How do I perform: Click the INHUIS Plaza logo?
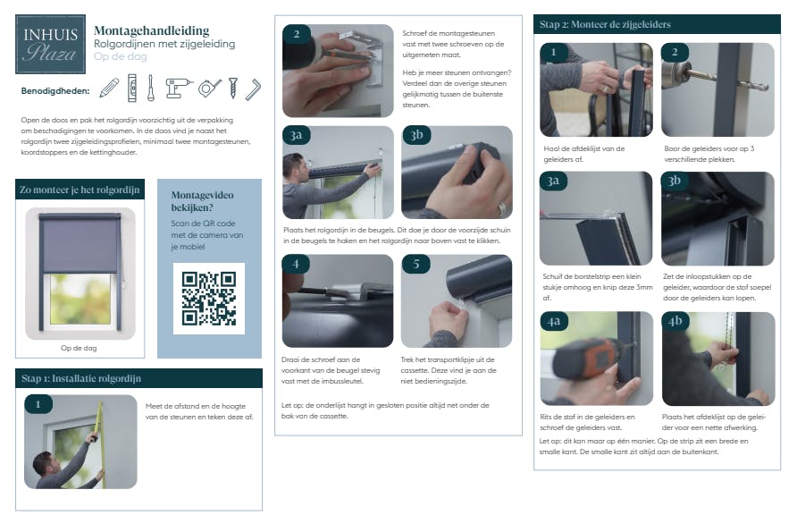50,44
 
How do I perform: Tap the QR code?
209,299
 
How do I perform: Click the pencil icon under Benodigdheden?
109,88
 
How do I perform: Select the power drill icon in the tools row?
179,88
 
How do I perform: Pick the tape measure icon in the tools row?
210,88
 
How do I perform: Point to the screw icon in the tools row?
233,88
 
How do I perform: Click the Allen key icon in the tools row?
253,89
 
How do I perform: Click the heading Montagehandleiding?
152,30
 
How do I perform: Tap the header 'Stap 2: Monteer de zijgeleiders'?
605,24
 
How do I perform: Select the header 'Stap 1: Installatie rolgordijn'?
81,378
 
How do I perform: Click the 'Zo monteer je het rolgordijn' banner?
80,190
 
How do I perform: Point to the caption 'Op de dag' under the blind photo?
79,349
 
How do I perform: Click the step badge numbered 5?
415,264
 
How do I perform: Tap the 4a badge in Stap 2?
554,321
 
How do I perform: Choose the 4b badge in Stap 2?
675,321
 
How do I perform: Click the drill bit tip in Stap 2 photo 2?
768,87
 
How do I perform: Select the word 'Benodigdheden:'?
55,91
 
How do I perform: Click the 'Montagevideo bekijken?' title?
202,201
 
